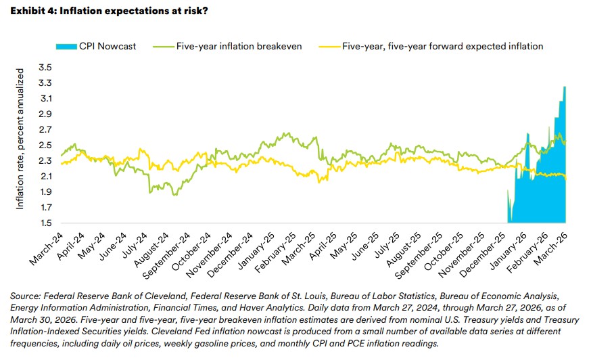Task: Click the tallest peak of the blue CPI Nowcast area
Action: [565, 87]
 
